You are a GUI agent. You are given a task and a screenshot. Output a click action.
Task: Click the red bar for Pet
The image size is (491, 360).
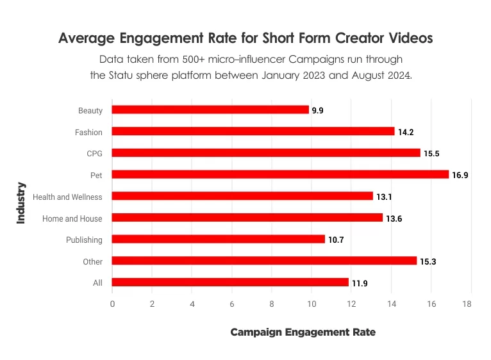pyautogui.click(x=280, y=174)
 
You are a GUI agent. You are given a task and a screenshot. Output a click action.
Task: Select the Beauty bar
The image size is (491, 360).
pyautogui.click(x=210, y=110)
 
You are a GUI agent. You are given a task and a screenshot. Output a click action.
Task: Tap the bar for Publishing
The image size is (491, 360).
pyautogui.click(x=219, y=239)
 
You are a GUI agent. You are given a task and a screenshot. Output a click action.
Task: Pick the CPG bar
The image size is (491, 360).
pyautogui.click(x=266, y=152)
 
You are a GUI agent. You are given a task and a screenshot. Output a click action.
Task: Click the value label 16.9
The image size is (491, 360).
pyautogui.click(x=460, y=175)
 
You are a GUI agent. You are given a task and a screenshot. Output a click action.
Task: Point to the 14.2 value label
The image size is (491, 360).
pyautogui.click(x=406, y=132)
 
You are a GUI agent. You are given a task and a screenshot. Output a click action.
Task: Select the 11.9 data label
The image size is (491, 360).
pyautogui.click(x=360, y=283)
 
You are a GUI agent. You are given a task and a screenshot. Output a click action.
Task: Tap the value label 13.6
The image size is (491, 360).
pyautogui.click(x=394, y=218)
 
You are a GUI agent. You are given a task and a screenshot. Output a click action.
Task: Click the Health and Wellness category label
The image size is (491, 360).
pyautogui.click(x=67, y=197)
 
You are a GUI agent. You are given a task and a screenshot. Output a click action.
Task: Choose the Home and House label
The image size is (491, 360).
pyautogui.click(x=72, y=218)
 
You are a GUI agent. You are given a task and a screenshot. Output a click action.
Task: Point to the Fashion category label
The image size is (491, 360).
pyautogui.click(x=89, y=131)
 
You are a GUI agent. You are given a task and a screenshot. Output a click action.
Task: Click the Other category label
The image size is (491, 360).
pyautogui.click(x=93, y=261)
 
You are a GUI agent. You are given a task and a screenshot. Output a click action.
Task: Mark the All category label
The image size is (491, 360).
pyautogui.click(x=98, y=282)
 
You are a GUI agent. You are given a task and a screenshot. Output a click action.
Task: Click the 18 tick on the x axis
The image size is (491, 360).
pyautogui.click(x=471, y=304)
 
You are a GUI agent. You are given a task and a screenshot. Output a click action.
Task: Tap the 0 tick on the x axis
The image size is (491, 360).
pyautogui.click(x=112, y=304)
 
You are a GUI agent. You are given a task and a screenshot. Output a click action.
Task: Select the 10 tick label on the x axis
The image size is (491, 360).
pyautogui.click(x=312, y=304)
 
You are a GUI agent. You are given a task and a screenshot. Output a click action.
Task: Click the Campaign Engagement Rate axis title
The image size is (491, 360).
pyautogui.click(x=303, y=332)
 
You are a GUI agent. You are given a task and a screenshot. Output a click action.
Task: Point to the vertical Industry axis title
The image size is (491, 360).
pyautogui.click(x=21, y=203)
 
